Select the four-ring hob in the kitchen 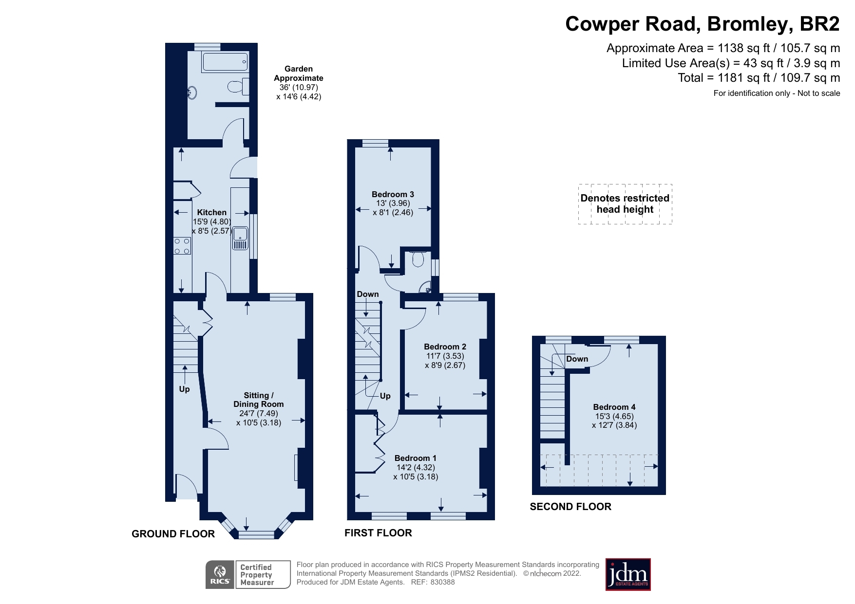click(x=182, y=246)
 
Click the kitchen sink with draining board click(x=240, y=238)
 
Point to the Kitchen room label click(x=211, y=212)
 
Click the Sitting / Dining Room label click(x=258, y=400)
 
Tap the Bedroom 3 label click(x=393, y=194)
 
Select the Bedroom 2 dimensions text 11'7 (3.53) click(x=445, y=356)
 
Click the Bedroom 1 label click(x=415, y=458)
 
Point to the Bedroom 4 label click(x=614, y=407)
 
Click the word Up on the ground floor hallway click(x=184, y=389)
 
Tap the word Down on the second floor click(x=577, y=359)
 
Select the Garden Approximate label click(x=298, y=73)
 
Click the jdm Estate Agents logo click(x=627, y=574)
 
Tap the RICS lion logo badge click(x=220, y=575)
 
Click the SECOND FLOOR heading click(x=570, y=507)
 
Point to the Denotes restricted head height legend click(x=625, y=204)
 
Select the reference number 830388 click(x=442, y=582)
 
